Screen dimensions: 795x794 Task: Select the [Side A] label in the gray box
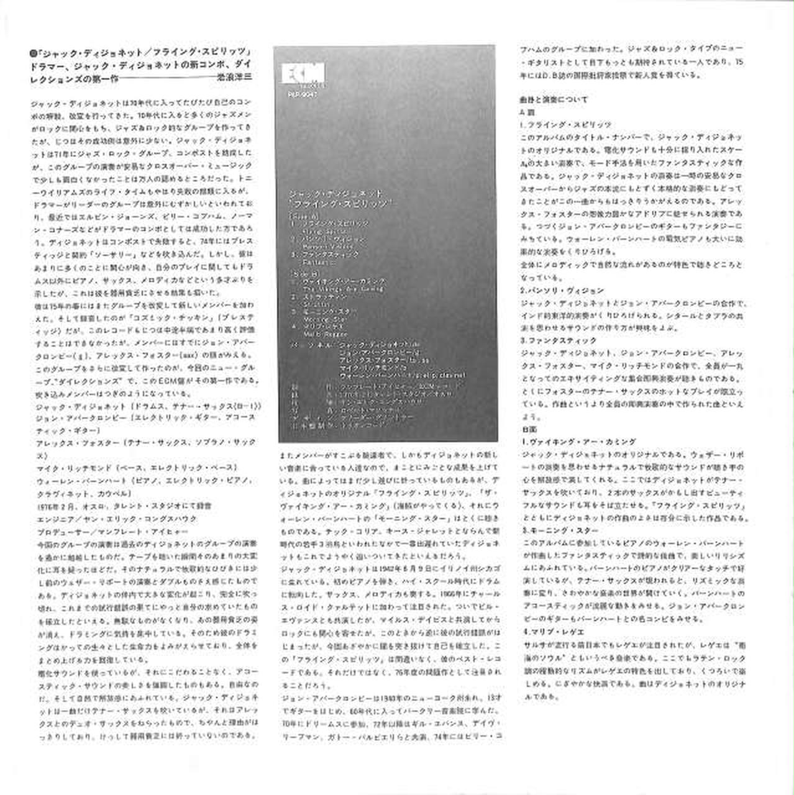click(303, 215)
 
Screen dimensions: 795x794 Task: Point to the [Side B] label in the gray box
click(303, 273)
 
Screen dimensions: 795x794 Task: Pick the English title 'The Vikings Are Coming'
click(335, 289)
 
